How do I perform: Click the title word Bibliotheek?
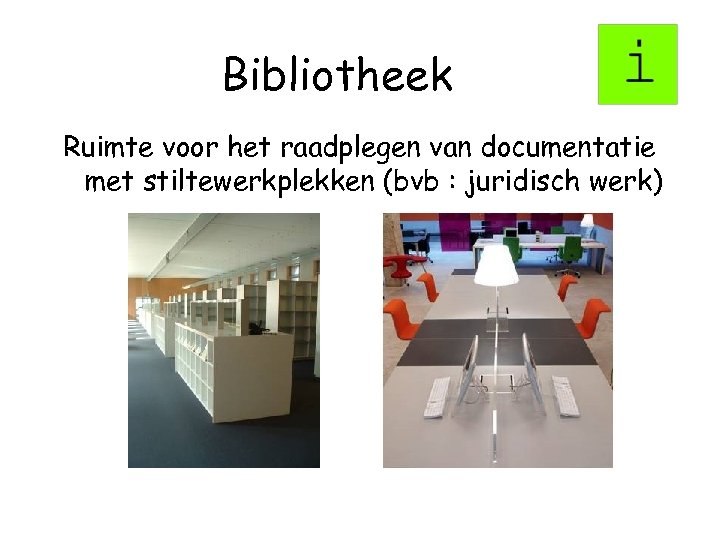(338, 75)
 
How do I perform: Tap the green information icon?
(638, 64)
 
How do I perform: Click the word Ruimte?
(103, 148)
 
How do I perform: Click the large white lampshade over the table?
(496, 264)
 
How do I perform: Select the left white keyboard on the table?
(437, 396)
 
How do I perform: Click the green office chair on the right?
(571, 251)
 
